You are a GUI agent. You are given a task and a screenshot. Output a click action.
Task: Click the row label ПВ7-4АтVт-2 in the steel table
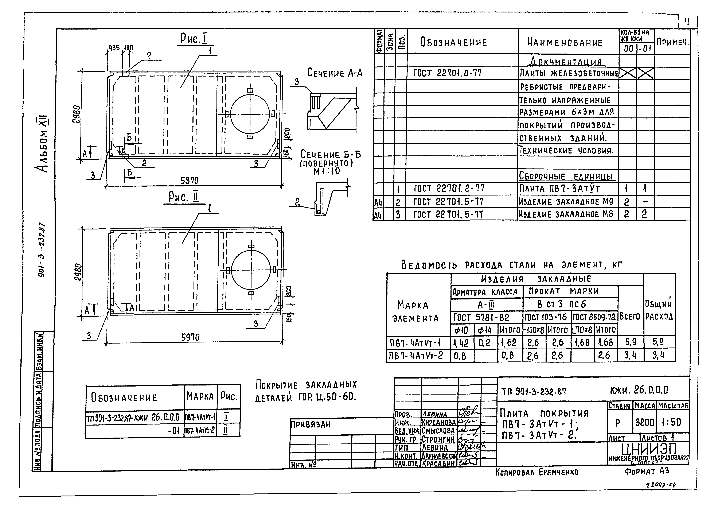pos(416,356)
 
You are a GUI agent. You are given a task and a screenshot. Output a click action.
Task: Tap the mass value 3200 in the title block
pos(644,422)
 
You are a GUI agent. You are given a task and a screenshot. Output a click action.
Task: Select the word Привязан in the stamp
pos(311,424)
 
